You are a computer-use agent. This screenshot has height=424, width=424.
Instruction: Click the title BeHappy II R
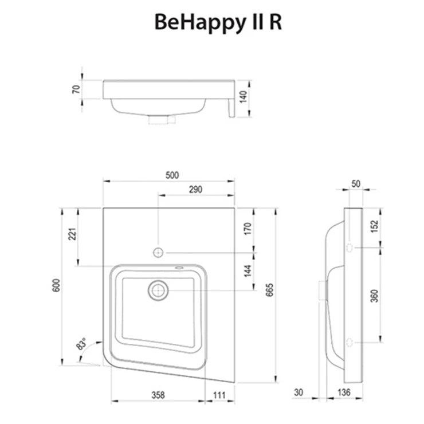click(218, 22)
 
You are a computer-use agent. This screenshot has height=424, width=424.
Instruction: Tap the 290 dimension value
click(195, 190)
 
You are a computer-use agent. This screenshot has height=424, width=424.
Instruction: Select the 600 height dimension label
click(56, 285)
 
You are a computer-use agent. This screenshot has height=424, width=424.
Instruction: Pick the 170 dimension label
click(248, 228)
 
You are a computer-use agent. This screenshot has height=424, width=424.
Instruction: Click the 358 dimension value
click(158, 395)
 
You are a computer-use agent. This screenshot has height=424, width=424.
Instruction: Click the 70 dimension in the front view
click(74, 89)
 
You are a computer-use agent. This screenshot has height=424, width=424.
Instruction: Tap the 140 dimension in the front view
click(243, 98)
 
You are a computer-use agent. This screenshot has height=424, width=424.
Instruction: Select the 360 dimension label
click(374, 296)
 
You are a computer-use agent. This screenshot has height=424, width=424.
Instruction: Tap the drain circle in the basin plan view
click(157, 290)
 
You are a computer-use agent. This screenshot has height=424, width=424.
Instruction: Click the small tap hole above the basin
click(158, 252)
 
